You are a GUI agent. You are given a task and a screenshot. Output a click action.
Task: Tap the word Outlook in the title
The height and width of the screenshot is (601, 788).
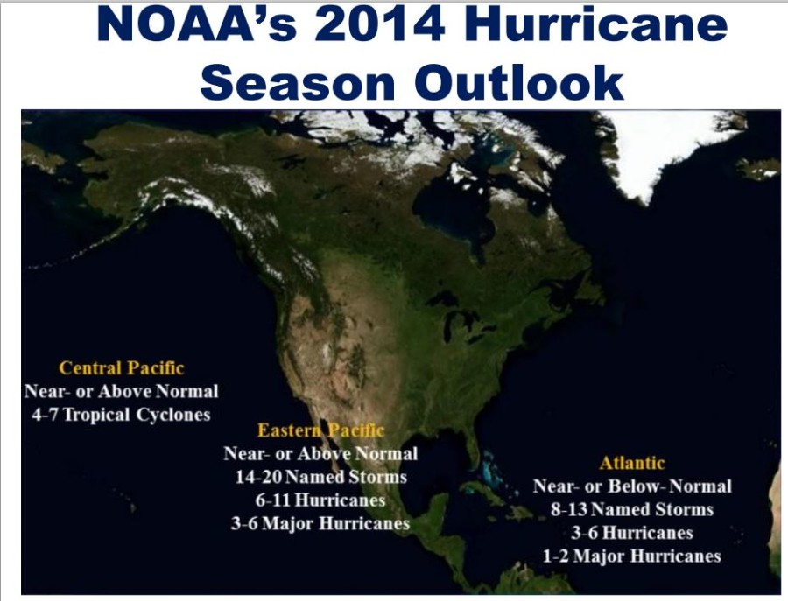click(x=519, y=82)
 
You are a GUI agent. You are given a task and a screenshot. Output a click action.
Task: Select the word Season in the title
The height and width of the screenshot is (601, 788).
click(x=298, y=82)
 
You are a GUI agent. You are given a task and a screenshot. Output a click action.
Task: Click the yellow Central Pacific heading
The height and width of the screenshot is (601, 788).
click(x=121, y=368)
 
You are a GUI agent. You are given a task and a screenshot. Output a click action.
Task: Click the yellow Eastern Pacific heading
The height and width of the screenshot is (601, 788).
click(x=320, y=430)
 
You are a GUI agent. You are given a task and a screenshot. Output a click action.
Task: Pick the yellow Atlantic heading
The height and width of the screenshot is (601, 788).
click(x=632, y=463)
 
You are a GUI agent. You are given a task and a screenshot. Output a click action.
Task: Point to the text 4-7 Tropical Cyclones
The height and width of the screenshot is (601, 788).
click(x=121, y=415)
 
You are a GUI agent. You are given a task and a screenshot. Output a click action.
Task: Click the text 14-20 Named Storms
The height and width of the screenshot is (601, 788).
click(x=321, y=477)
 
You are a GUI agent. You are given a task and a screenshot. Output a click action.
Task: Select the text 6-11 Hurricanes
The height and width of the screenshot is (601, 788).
click(x=320, y=500)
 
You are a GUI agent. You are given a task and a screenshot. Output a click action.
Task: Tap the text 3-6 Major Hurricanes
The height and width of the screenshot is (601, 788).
click(x=320, y=524)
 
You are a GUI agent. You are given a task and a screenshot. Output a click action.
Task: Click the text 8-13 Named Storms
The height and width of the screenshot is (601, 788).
click(x=632, y=510)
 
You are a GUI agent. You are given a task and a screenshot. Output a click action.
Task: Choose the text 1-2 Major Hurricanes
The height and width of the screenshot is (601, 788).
click(x=632, y=556)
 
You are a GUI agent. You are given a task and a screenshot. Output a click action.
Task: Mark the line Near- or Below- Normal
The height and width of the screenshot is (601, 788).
click(x=632, y=486)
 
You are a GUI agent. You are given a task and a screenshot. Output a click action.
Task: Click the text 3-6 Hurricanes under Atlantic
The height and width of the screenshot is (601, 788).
click(x=632, y=533)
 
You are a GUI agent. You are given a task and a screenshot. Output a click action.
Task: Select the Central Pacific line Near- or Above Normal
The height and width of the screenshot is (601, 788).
click(x=121, y=391)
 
